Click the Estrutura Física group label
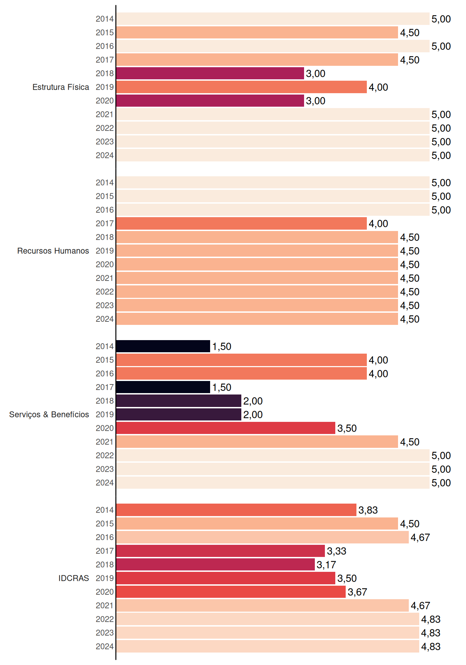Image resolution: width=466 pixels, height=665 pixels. tap(61, 87)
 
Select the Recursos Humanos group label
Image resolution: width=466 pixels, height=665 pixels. tap(53, 251)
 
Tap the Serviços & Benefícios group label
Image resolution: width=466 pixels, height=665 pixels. tap(49, 415)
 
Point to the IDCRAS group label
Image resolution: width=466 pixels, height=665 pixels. tap(74, 578)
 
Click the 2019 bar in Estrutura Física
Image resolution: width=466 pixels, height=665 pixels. tap(241, 87)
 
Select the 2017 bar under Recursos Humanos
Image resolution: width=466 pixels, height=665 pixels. tap(241, 223)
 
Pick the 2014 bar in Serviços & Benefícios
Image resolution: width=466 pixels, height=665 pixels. tap(163, 346)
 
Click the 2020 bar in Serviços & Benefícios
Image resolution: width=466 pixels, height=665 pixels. tap(226, 428)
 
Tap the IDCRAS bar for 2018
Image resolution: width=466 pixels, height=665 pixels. tap(215, 565)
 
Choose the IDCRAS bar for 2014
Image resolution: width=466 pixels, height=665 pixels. tap(236, 510)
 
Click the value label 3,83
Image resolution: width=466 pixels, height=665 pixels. tap(368, 510)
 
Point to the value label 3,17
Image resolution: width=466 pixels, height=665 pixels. tap(326, 565)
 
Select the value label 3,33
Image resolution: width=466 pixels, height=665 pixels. tap(337, 551)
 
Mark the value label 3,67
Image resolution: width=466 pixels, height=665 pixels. tap(357, 592)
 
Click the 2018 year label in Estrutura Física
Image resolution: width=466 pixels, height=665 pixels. tap(105, 73)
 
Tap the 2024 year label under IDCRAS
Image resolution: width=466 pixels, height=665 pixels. tap(105, 646)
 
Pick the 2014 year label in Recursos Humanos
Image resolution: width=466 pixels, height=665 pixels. tap(105, 183)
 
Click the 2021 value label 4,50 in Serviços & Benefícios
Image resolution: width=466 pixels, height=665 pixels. tap(410, 442)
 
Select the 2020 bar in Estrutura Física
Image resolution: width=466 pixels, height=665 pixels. tap(210, 101)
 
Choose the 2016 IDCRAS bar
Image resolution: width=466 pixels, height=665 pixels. tap(262, 537)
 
